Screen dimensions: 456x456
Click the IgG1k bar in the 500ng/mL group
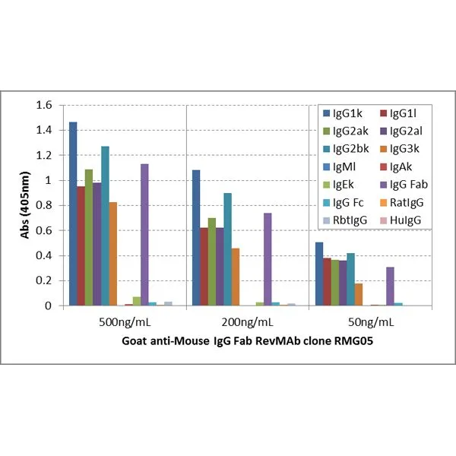pyautogui.click(x=73, y=214)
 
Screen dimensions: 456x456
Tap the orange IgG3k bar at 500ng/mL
pyautogui.click(x=113, y=254)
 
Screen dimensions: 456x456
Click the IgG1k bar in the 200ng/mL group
pyautogui.click(x=195, y=238)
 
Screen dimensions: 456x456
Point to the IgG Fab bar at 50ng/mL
pyautogui.click(x=390, y=286)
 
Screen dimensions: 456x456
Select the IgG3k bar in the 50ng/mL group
pyautogui.click(x=358, y=294)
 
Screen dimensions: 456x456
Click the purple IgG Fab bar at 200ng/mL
pyautogui.click(x=267, y=259)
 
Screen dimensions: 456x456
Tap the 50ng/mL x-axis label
pyautogui.click(x=369, y=321)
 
